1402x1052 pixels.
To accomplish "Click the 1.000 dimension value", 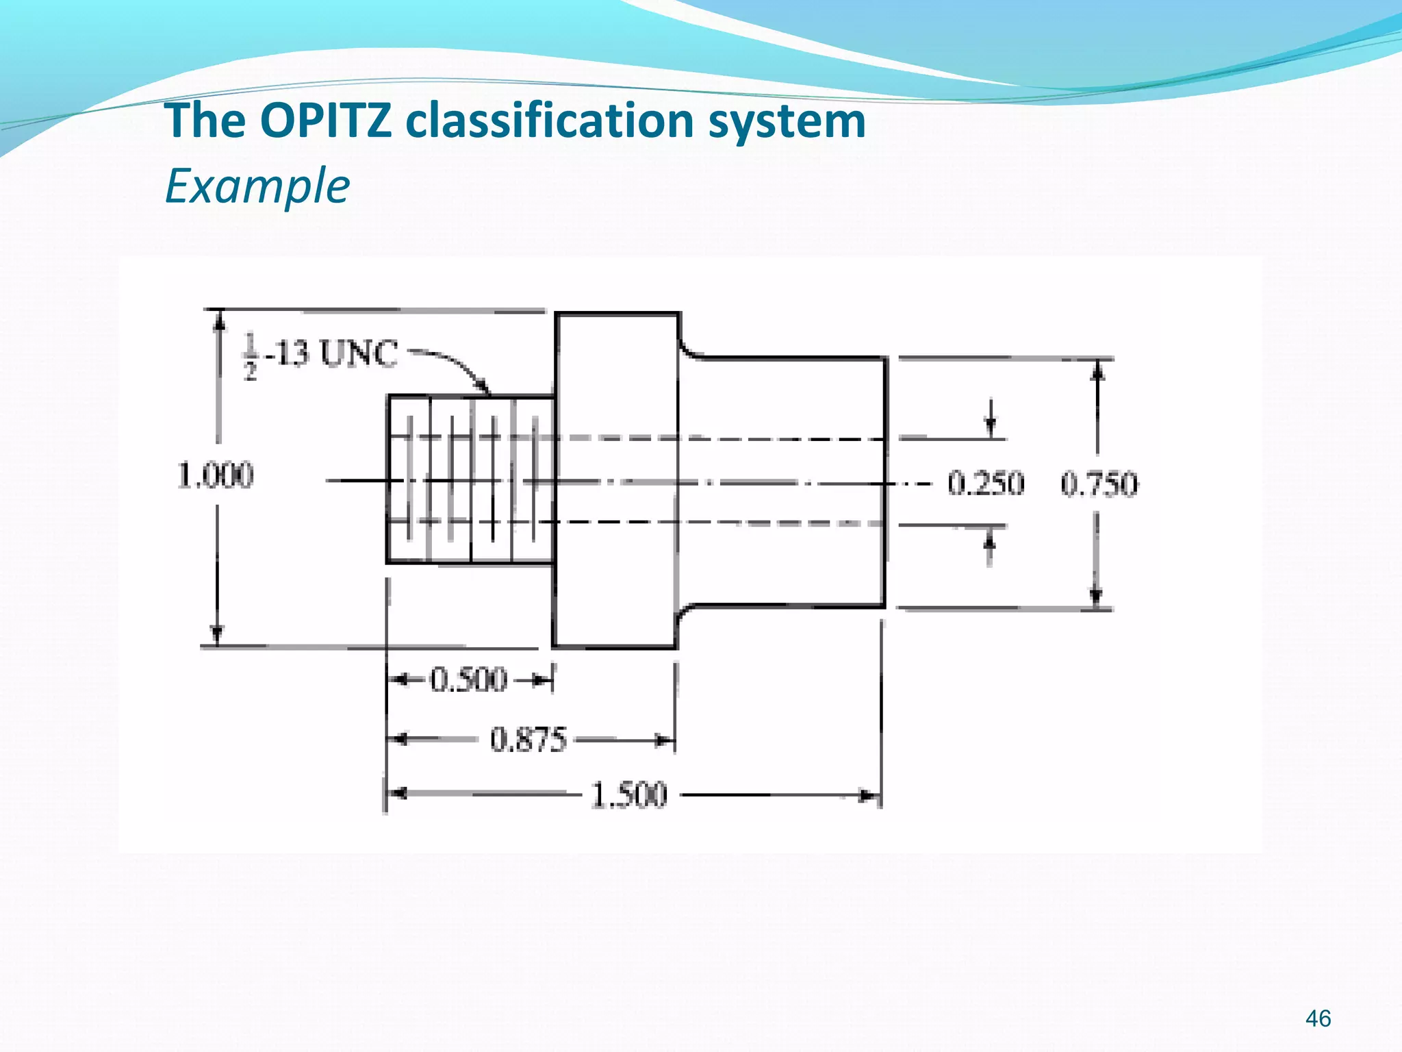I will point(216,475).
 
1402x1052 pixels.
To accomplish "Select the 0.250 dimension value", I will point(986,484).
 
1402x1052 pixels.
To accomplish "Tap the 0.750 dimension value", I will point(1099,484).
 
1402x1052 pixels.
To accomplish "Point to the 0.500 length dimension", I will point(469,680).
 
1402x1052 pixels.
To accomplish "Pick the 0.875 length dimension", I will point(528,740).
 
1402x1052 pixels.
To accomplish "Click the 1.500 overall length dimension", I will point(628,795).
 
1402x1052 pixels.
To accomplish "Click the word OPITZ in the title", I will point(326,121).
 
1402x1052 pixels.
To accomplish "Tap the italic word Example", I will point(257,186).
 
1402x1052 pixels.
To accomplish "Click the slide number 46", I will point(1318,1018).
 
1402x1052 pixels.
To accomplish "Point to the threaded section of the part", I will point(470,479).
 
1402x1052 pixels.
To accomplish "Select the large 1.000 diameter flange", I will point(616,479).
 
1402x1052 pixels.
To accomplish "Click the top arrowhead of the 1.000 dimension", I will point(218,320).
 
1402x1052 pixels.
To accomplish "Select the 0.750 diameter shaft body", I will point(780,479).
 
